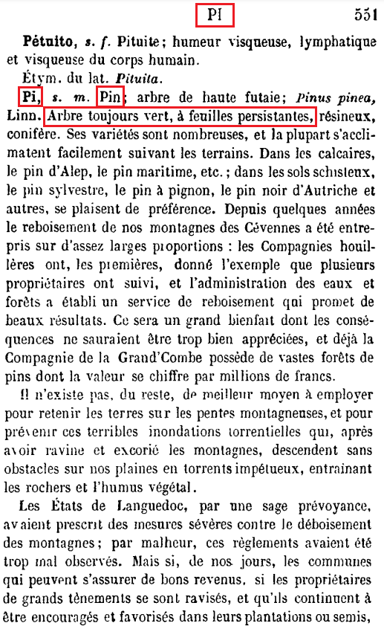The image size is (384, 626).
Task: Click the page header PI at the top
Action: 215,14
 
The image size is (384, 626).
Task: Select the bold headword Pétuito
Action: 46,42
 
